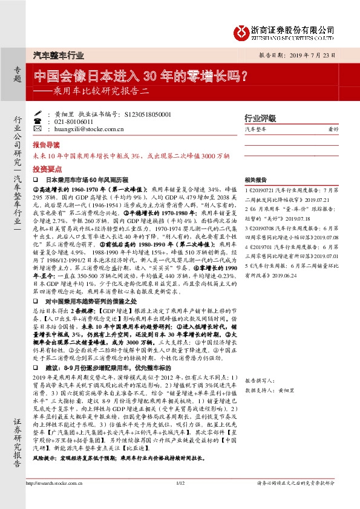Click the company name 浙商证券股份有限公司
(x=293, y=28)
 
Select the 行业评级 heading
(x=260, y=118)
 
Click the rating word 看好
(x=333, y=129)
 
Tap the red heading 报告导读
(x=46, y=146)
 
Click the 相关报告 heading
(x=255, y=180)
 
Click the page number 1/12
(x=180, y=499)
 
